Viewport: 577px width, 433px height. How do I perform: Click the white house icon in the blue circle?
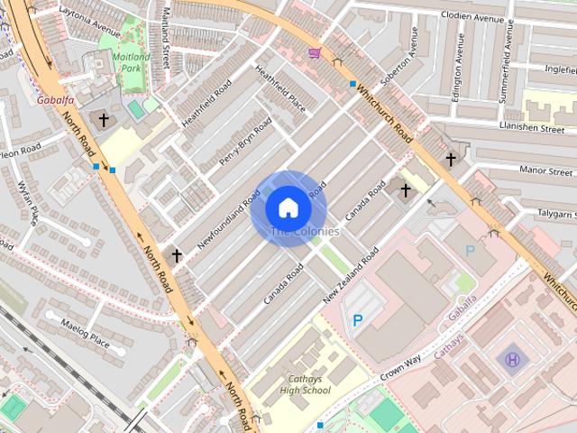point(288,207)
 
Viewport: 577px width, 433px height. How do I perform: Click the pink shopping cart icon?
point(314,52)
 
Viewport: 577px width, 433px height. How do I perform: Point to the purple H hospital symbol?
point(512,360)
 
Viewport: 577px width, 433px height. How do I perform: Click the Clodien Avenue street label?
point(472,15)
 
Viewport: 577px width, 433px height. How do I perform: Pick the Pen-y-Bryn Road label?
point(245,142)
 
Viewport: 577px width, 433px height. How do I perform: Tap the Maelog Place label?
point(85,336)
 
